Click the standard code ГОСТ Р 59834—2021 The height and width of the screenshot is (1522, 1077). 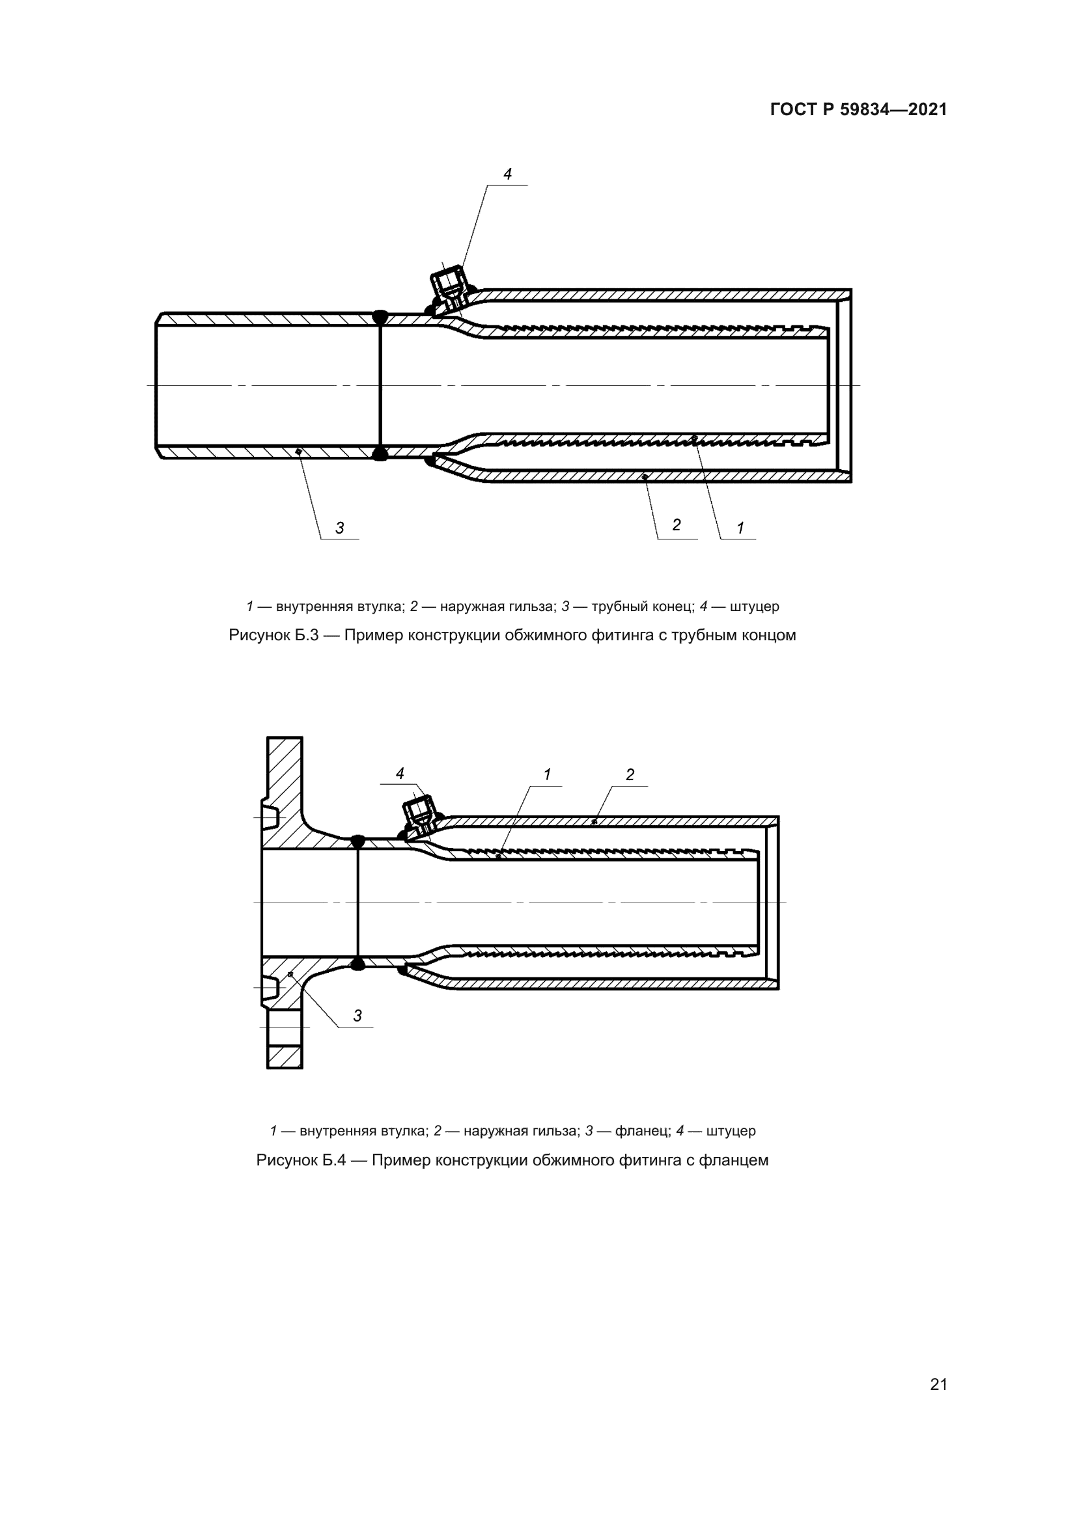click(858, 110)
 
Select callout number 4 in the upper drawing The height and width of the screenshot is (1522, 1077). click(507, 174)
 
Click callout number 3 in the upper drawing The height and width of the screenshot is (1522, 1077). click(339, 528)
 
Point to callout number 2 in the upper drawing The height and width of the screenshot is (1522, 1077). click(677, 525)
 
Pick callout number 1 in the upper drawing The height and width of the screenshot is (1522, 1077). click(740, 528)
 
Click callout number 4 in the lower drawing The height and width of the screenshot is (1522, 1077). click(400, 774)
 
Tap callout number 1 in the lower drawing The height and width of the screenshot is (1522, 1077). click(547, 774)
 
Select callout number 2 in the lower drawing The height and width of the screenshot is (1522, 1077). click(630, 774)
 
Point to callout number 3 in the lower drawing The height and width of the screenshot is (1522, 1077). click(357, 1016)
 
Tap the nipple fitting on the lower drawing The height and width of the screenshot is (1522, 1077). click(421, 813)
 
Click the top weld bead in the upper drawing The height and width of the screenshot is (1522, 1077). click(380, 317)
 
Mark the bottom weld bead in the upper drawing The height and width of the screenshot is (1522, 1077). click(380, 454)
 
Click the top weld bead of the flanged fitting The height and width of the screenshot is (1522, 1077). click(357, 841)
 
